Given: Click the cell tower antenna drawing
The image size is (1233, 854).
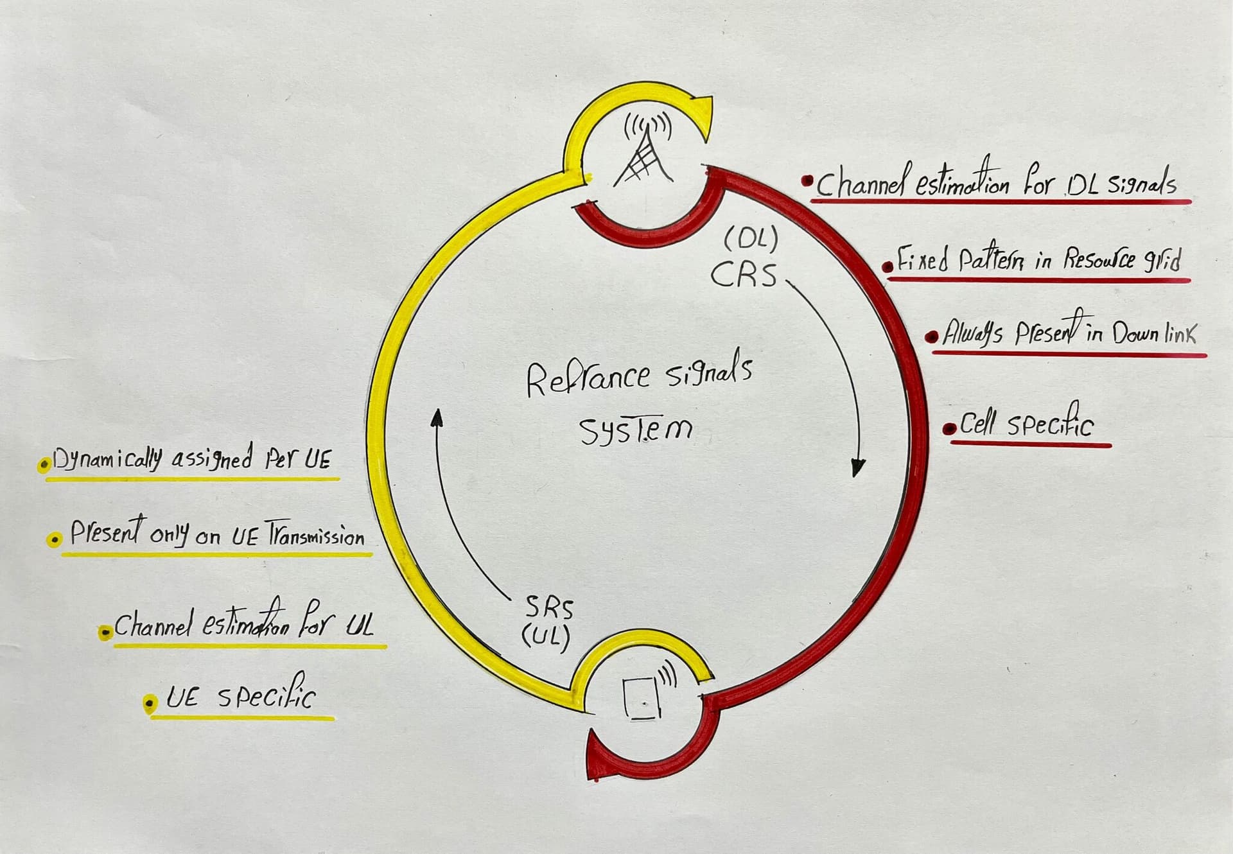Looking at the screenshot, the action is click(x=644, y=151).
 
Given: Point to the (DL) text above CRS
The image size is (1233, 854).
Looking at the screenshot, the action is click(x=751, y=241).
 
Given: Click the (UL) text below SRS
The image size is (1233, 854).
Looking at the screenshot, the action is click(x=545, y=637).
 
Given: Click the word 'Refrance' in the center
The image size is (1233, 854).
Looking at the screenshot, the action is click(x=588, y=378).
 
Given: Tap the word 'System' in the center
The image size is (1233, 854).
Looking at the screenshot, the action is click(x=636, y=430).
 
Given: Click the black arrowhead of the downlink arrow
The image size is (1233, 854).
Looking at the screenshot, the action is click(x=857, y=467).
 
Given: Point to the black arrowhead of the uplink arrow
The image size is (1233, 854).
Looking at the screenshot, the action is click(x=437, y=418).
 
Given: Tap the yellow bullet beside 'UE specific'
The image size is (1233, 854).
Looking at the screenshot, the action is click(x=150, y=704).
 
